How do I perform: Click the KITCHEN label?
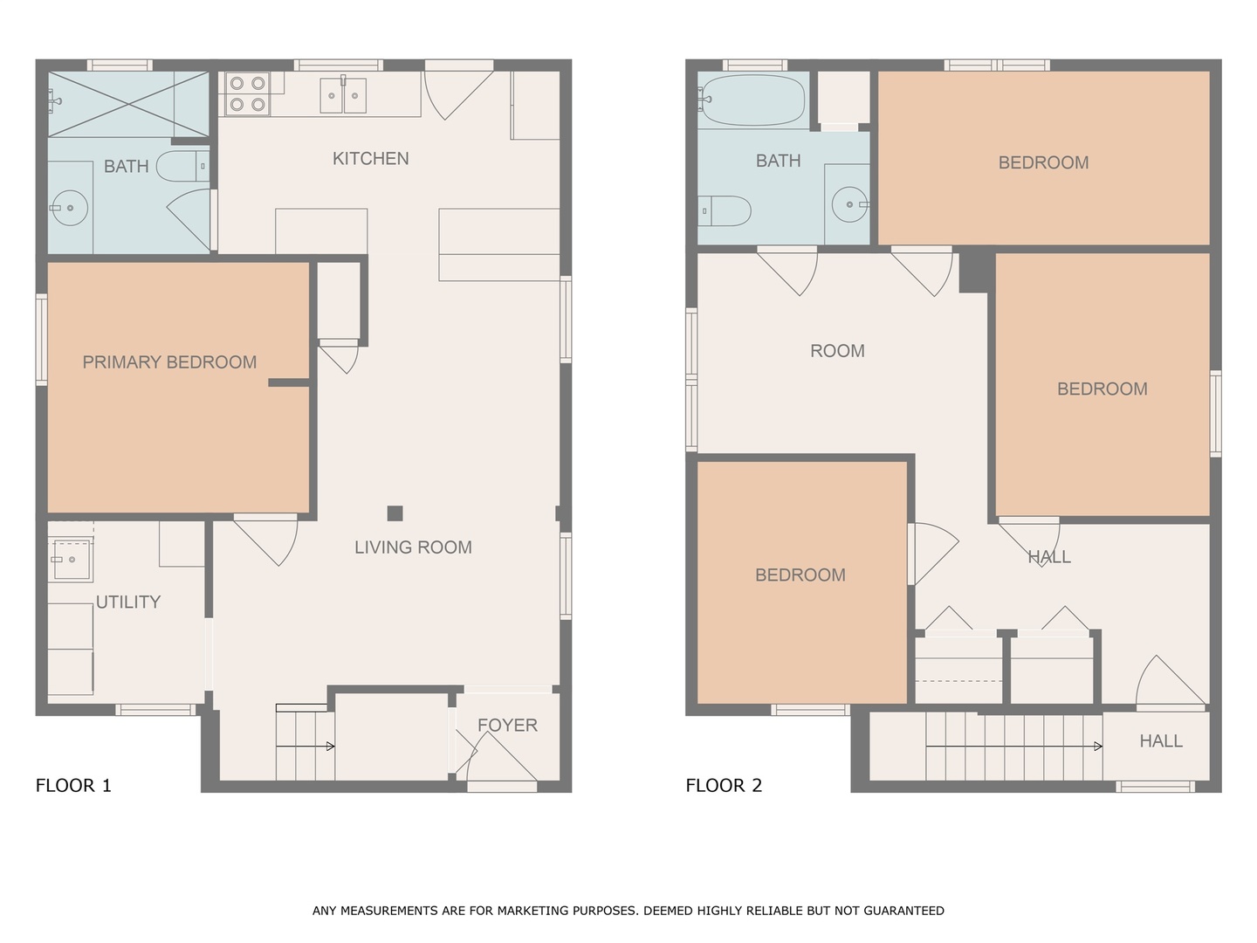pos(370,159)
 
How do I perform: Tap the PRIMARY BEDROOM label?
pos(169,362)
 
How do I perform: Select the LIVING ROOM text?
pos(413,547)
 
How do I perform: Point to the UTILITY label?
pos(128,602)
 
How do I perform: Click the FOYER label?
pos(507,726)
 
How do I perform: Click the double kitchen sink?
pos(343,95)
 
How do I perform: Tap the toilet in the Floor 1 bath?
pos(182,166)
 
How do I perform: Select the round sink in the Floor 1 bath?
pos(68,207)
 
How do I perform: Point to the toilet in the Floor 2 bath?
pos(726,210)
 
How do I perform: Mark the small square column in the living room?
pos(395,513)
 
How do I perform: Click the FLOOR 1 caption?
pos(73,786)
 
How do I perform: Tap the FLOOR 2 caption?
pos(724,786)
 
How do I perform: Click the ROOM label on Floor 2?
pos(837,351)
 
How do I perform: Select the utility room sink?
pos(70,560)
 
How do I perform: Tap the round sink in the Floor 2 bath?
pos(848,205)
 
